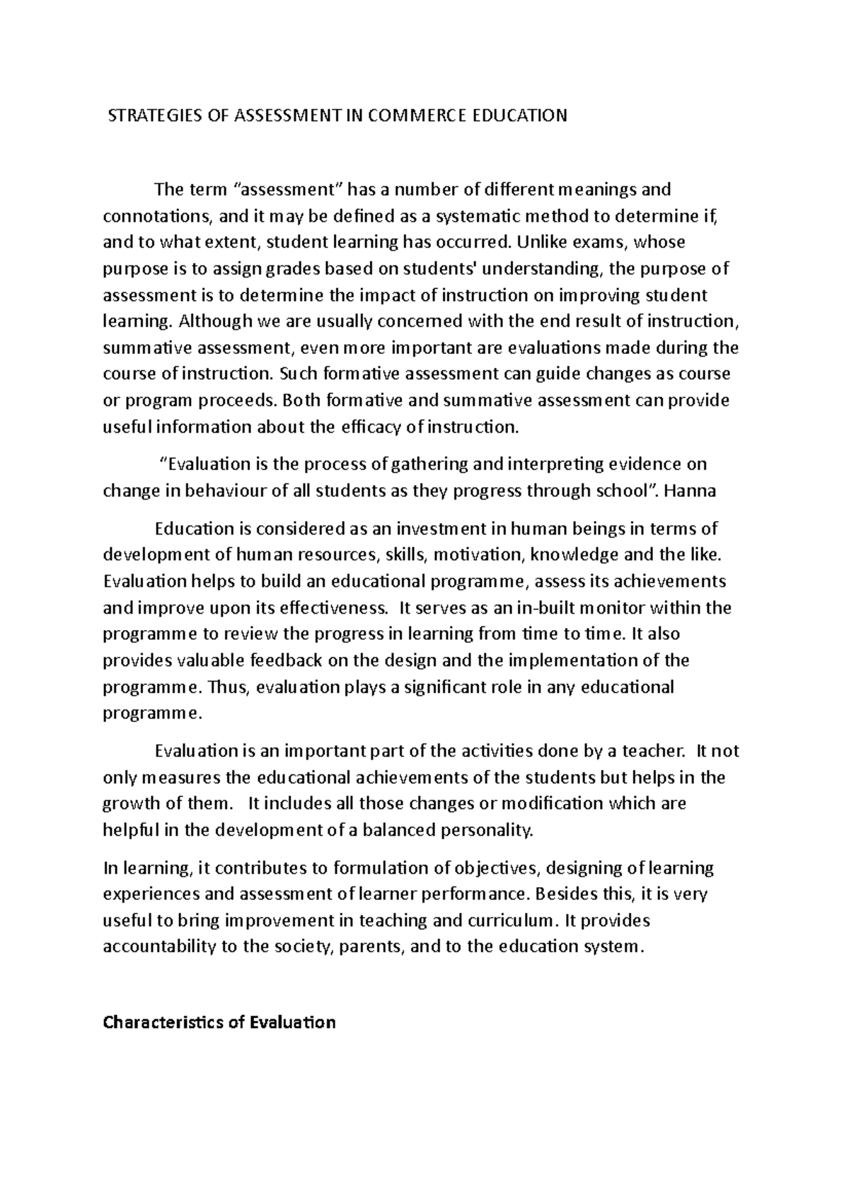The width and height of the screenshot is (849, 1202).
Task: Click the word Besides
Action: (x=562, y=894)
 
